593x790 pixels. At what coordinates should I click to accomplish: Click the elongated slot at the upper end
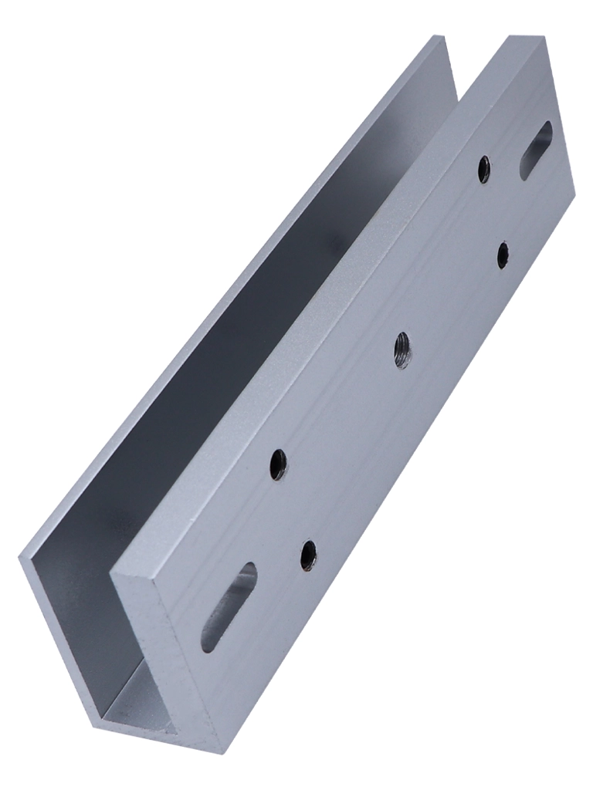click(536, 150)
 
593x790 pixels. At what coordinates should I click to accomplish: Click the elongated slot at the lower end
click(229, 606)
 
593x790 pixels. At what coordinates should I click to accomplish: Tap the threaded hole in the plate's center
click(402, 349)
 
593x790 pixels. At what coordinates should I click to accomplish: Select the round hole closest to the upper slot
click(484, 169)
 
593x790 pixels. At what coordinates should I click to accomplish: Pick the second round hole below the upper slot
click(503, 255)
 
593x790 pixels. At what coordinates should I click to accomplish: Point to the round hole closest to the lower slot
click(308, 555)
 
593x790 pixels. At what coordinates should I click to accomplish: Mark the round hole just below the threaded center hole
click(279, 464)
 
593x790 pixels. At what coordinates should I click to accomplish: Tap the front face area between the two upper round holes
click(493, 212)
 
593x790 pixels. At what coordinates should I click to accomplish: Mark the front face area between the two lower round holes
click(293, 510)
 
